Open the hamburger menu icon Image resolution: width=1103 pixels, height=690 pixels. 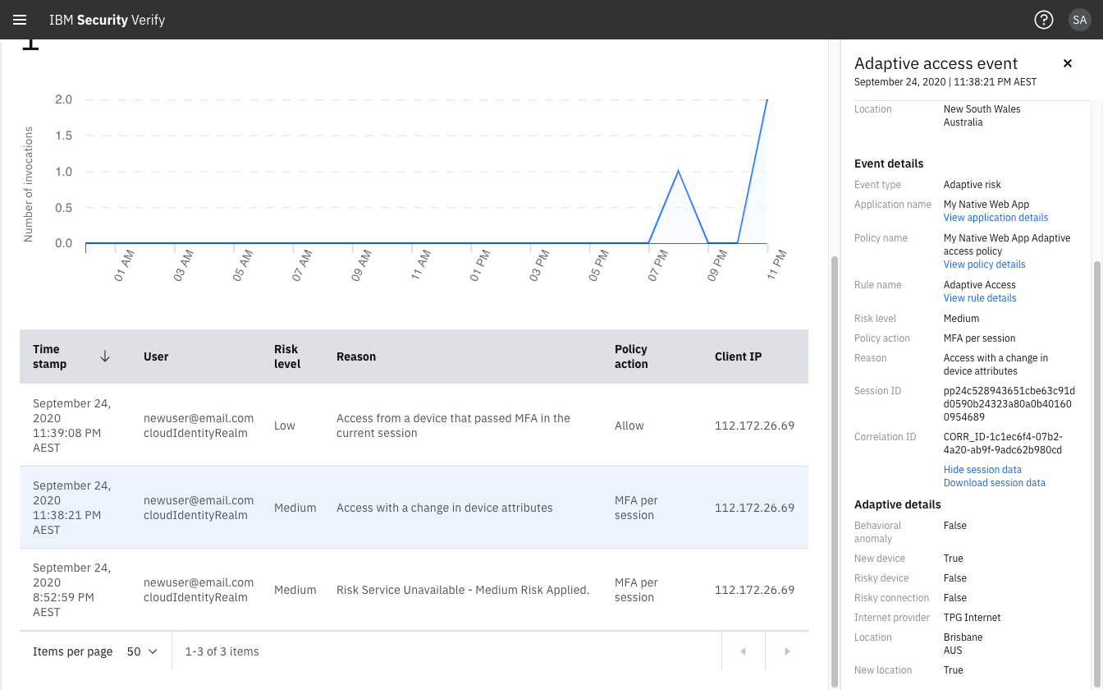[x=20, y=20]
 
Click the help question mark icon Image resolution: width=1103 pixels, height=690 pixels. [x=1043, y=20]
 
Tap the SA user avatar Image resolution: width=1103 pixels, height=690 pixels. [x=1079, y=20]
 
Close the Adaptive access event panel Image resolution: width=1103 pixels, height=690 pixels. [x=1068, y=63]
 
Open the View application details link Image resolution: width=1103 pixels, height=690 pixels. [x=995, y=218]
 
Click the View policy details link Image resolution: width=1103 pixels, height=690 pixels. [x=984, y=264]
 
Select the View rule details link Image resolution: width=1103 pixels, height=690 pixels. [x=980, y=298]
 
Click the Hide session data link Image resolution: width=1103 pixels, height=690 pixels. [x=982, y=470]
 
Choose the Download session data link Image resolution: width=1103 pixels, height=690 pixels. [x=994, y=483]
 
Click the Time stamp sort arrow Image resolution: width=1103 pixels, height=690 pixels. [x=105, y=356]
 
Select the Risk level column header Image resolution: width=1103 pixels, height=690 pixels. [x=286, y=356]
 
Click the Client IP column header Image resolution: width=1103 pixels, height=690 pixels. [x=738, y=356]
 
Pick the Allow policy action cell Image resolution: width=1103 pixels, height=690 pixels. [x=629, y=425]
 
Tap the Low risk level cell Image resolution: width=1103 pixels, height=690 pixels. [x=285, y=425]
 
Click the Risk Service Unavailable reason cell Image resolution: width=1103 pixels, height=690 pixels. [x=463, y=590]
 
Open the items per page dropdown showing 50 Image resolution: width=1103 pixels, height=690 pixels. [x=142, y=651]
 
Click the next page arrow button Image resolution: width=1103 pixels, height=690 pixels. [x=787, y=651]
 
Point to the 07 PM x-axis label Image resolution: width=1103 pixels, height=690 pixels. [x=659, y=265]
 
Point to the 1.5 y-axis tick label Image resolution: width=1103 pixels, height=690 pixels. [x=63, y=136]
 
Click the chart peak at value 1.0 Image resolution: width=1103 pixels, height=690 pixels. [x=678, y=171]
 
